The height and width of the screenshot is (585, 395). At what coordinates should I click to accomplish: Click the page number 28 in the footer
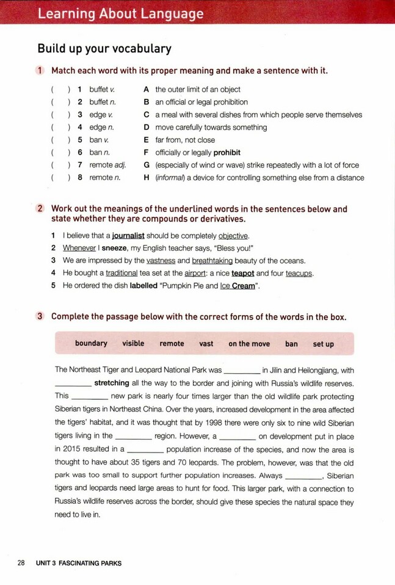[x=21, y=563]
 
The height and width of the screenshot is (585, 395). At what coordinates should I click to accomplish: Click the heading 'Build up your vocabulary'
[x=104, y=49]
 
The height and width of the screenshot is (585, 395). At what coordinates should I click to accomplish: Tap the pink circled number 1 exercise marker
[x=40, y=71]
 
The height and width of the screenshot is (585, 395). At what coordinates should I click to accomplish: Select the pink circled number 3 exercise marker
[x=40, y=317]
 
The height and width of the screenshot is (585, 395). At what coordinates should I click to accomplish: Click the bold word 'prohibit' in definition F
[x=225, y=153]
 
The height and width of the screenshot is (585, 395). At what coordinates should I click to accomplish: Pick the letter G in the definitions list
[x=147, y=165]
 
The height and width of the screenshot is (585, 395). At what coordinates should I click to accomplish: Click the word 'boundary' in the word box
[x=91, y=344]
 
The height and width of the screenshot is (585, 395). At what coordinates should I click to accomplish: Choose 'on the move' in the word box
[x=249, y=344]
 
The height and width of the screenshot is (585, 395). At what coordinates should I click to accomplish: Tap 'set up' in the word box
[x=324, y=344]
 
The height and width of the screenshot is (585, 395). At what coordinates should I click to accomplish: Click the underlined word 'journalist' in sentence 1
[x=128, y=236]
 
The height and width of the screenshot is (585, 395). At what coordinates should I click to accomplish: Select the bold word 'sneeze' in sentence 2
[x=114, y=249]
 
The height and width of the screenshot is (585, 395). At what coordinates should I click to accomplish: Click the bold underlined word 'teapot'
[x=243, y=274]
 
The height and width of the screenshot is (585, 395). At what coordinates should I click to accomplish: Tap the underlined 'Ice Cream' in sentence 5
[x=237, y=286]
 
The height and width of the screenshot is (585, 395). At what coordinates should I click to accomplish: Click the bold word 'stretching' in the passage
[x=112, y=383]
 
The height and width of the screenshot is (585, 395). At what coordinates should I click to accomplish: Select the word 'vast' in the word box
[x=206, y=344]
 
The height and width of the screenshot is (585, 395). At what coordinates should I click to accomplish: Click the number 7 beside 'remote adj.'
[x=80, y=165]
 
